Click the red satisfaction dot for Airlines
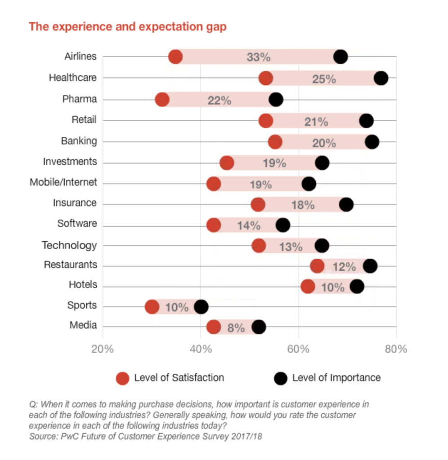pos(175,57)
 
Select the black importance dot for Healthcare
pos(381,78)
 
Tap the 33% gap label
pos(258,57)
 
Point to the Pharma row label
pos(79,99)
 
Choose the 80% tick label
pos(396,349)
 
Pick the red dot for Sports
pos(152,307)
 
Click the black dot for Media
pos(259,327)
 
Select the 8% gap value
pos(236,327)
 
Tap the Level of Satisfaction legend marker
pos(122,378)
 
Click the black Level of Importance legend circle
pos(280,378)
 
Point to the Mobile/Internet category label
pos(63,182)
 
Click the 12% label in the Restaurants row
pos(344,267)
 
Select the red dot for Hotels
pos(308,286)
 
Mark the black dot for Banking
pos(372,142)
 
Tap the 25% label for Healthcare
pos(324,79)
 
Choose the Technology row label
pos(69,245)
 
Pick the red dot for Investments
pos(227,163)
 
